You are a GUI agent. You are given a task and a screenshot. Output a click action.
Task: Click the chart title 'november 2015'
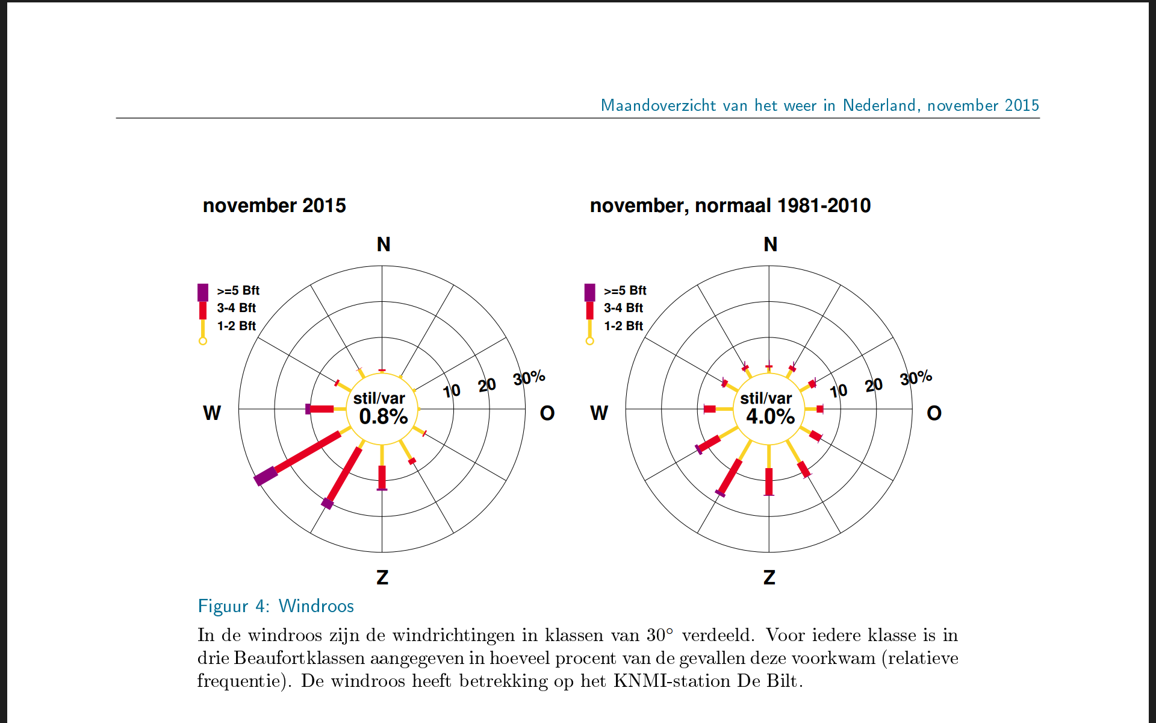274,205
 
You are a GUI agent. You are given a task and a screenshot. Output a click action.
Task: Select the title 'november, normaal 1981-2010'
730,205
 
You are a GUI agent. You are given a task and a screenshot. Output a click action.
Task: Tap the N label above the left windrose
384,244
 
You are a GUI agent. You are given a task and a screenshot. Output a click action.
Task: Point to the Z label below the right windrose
769,577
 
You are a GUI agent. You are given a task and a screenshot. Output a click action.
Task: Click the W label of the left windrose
212,413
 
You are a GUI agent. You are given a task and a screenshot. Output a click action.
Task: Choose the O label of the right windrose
934,413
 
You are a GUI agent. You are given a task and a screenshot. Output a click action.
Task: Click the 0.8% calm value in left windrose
384,416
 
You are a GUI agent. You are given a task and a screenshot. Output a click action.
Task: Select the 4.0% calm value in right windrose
771,416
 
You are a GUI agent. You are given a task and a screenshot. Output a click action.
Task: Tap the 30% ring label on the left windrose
529,378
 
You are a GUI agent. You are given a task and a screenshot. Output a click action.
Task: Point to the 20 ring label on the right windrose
874,385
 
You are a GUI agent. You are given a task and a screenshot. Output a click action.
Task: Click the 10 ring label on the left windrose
452,391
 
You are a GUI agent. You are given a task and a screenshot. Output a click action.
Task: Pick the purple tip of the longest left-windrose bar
266,476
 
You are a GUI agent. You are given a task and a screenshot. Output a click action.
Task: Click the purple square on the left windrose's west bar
308,409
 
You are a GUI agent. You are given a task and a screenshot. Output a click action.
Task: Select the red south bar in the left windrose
382,477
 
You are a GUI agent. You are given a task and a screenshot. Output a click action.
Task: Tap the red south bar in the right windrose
769,481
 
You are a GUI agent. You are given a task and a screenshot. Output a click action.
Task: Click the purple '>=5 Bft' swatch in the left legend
203,292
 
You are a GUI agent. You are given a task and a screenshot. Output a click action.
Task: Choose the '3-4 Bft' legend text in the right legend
623,308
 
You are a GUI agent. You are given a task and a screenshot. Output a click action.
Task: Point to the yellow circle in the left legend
203,341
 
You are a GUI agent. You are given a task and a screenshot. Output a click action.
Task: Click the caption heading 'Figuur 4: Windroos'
276,606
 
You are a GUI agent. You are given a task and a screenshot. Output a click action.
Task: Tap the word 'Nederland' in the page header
880,105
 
